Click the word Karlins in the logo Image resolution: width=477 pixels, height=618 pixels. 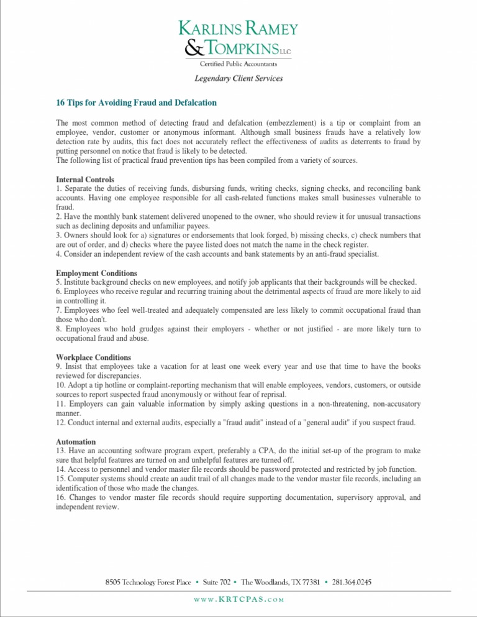click(209, 29)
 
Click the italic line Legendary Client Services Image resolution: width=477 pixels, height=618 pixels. click(238, 79)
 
